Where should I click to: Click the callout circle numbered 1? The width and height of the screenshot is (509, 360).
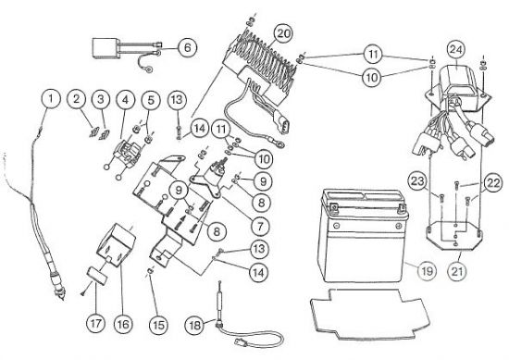51,99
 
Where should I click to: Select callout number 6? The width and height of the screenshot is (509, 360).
187,48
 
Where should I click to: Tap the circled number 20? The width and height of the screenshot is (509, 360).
283,33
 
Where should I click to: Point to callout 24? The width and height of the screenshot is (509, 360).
455,50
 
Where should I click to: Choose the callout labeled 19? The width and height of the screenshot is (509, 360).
427,270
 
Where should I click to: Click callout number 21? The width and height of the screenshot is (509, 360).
457,270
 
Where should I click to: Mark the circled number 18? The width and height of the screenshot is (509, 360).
194,325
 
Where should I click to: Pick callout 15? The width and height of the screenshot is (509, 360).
158,325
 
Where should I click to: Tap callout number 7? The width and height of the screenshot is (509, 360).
261,226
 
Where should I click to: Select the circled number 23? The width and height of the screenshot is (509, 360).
417,181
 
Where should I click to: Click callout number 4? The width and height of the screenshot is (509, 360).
126,100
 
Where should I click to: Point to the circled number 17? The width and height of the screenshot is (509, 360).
96,324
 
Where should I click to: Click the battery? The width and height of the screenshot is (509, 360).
361,235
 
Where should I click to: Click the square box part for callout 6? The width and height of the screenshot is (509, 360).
106,48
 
